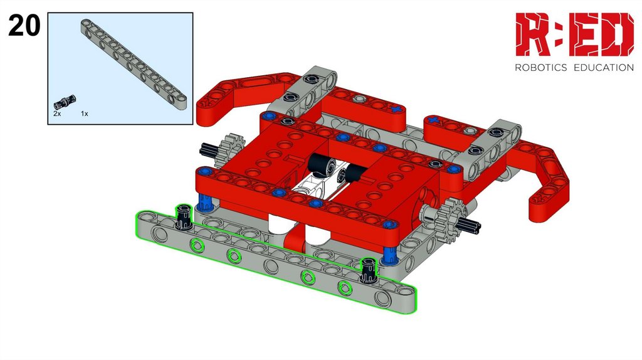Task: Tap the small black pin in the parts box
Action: point(65,101)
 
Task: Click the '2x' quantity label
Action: point(57,114)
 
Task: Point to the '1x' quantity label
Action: point(85,114)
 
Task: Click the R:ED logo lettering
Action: point(574,34)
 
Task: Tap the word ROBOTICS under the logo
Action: point(541,68)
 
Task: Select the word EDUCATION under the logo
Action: point(604,68)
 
